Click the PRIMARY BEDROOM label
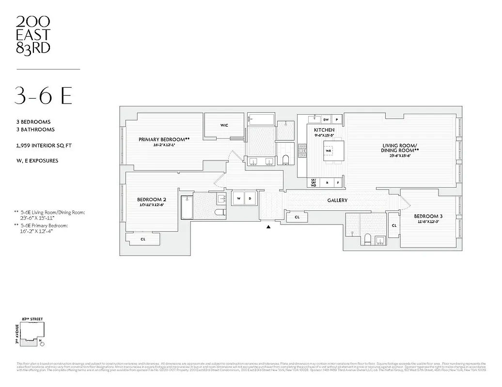coord(164,139)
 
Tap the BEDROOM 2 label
coord(152,199)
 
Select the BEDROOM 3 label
coord(428,216)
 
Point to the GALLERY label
coord(337,200)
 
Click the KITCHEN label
coord(324,130)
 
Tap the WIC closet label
coord(224,125)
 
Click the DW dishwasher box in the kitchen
coord(326,119)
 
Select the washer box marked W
coord(239,198)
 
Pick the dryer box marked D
coord(251,198)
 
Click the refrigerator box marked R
coord(327,183)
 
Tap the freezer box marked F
coord(338,183)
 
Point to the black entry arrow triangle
coord(268,225)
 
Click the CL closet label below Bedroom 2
coord(143,238)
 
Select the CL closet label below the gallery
coord(297,218)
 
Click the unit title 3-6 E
coord(44,96)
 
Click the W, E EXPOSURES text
coord(37,161)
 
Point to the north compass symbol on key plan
coord(42,344)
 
